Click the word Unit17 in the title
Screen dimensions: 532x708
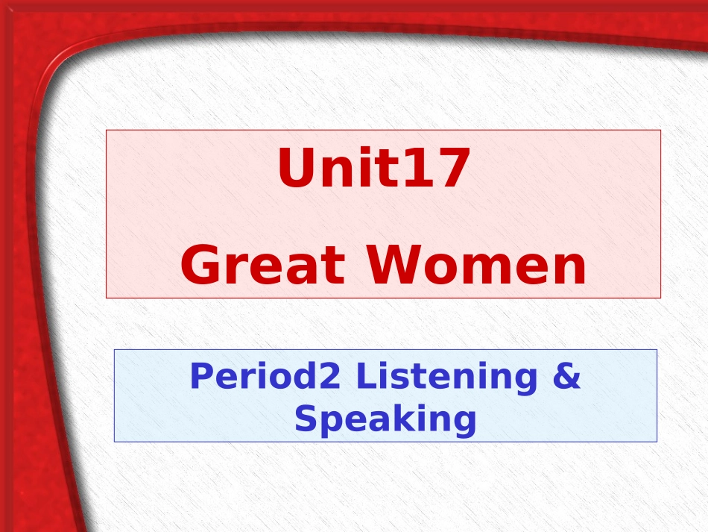point(373,169)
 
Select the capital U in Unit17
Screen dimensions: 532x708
point(296,169)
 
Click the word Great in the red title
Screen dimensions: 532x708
point(263,267)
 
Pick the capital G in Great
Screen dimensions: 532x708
point(201,267)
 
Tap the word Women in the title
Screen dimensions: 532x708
point(476,267)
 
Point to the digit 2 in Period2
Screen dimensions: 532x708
point(330,377)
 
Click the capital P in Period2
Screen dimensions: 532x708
point(200,377)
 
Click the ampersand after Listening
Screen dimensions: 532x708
point(566,377)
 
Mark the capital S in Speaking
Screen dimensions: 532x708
point(306,419)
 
